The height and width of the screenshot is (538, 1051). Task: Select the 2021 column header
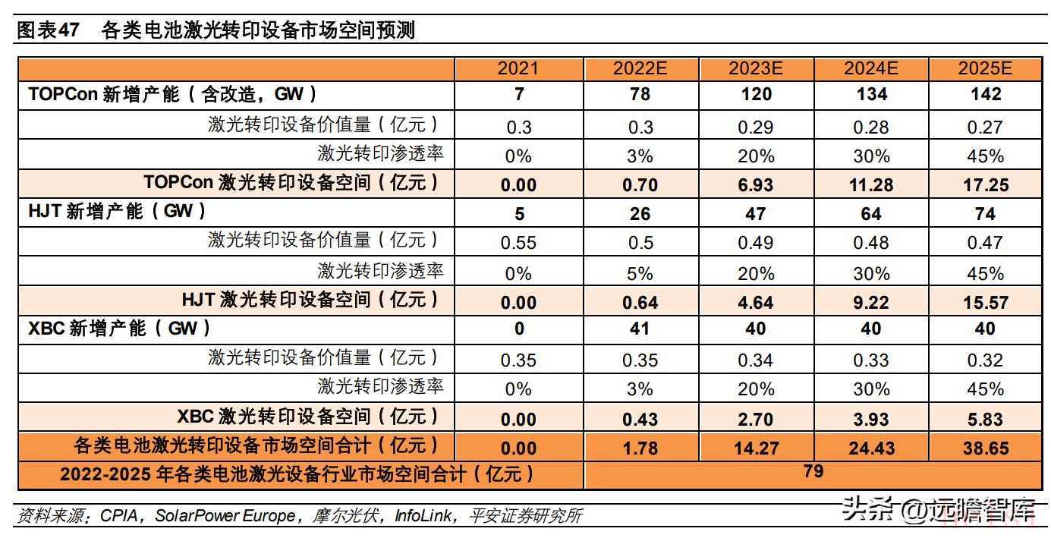(518, 68)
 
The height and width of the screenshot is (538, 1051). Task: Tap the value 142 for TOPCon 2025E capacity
(985, 95)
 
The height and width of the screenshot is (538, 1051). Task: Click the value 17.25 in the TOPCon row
(985, 184)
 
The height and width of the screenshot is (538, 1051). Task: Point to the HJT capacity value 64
(870, 213)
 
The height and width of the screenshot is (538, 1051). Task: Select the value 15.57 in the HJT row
(985, 302)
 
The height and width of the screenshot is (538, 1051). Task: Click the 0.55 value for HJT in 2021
(518, 243)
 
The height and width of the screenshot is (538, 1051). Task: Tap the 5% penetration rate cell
(640, 272)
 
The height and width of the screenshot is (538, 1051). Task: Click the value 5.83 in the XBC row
(985, 419)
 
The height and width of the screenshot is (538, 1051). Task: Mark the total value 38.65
(985, 448)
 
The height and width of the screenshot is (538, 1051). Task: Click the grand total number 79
(813, 471)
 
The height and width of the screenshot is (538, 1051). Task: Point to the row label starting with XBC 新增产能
(118, 329)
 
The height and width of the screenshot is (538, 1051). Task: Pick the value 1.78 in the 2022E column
(640, 448)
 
